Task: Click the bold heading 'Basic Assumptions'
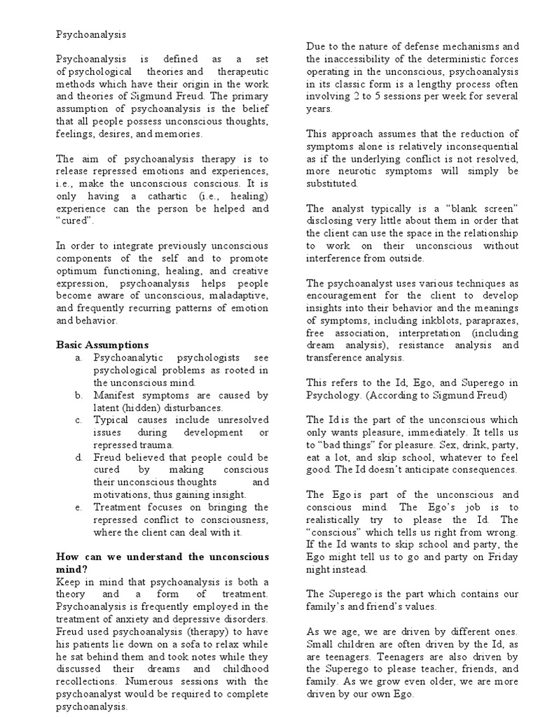[102, 344]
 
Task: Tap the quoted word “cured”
[75, 221]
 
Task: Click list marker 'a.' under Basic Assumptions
[80, 358]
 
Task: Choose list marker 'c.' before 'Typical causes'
[79, 420]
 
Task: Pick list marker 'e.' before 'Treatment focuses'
[79, 507]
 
